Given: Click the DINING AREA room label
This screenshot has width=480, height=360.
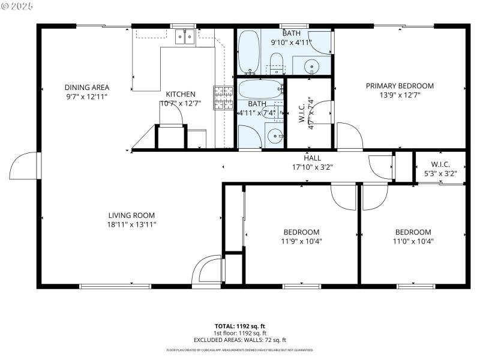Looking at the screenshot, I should [87, 86].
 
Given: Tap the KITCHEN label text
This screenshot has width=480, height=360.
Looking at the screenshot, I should [181, 94].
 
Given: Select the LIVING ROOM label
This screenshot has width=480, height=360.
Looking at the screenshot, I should [132, 215].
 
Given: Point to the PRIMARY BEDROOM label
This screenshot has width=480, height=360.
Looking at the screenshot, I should [400, 86].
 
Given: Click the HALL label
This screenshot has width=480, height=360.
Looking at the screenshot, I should [312, 158].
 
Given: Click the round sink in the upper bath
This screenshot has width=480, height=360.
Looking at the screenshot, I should [312, 66].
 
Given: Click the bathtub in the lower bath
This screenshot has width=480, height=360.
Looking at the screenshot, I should [260, 89].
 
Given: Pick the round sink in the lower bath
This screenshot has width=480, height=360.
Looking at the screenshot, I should [275, 136].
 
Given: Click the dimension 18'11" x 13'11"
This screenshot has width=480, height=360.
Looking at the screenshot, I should [132, 224].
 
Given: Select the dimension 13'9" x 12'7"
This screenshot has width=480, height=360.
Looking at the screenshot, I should [400, 95].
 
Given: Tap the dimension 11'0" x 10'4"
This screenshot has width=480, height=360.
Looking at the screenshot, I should [413, 241].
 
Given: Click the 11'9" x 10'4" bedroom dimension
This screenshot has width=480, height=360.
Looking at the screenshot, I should [301, 241].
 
